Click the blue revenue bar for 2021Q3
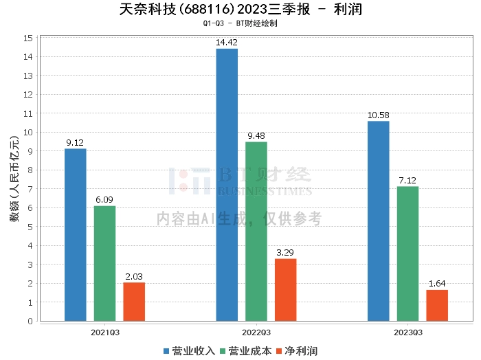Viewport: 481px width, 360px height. pyautogui.click(x=75, y=234)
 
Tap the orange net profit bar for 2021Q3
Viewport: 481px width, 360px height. pyautogui.click(x=134, y=302)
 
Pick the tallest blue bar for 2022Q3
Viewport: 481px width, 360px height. pyautogui.click(x=227, y=185)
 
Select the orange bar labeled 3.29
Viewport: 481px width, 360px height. pyautogui.click(x=286, y=289)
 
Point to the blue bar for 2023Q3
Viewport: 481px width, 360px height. pyautogui.click(x=378, y=221)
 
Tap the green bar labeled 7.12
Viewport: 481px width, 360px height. pyautogui.click(x=407, y=254)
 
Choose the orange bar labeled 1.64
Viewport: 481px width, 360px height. pyautogui.click(x=437, y=305)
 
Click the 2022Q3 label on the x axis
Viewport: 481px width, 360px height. pyautogui.click(x=256, y=332)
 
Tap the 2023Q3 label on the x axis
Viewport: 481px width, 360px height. pyautogui.click(x=407, y=332)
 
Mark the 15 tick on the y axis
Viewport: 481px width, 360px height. pyautogui.click(x=29, y=38)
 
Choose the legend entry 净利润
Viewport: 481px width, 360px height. pyautogui.click(x=298, y=351)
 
